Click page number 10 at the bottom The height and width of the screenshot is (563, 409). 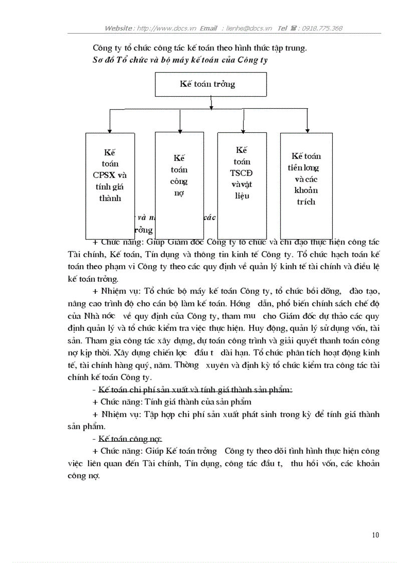[375, 535]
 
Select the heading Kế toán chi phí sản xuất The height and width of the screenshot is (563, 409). [195, 390]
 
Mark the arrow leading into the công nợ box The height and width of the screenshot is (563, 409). [180, 127]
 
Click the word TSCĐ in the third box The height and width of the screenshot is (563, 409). [242, 173]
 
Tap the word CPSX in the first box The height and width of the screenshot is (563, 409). [105, 175]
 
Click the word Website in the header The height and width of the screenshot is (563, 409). [119, 28]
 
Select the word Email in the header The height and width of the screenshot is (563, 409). [208, 28]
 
